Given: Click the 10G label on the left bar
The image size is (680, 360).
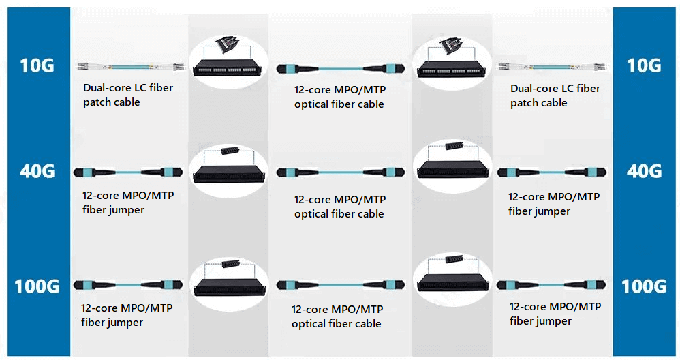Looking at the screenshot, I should [36, 65].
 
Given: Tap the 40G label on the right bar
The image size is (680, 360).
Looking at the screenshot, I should [644, 170].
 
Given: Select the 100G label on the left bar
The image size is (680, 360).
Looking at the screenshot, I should [37, 286].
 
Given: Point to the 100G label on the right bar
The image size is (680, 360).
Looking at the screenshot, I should [644, 286].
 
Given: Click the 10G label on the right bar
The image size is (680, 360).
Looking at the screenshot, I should [644, 65].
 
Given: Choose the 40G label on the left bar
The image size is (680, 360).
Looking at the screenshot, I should [36, 170].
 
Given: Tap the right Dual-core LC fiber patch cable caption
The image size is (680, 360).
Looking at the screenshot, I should [555, 95].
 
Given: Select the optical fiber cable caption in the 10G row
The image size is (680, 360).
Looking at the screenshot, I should [339, 97].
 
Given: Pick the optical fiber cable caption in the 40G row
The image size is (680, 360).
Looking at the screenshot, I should [339, 207].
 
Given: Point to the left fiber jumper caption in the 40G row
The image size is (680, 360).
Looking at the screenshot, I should [127, 202].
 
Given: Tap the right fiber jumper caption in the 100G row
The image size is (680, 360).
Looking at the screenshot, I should [555, 314].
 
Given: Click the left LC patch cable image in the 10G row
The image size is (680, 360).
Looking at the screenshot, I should [132, 67].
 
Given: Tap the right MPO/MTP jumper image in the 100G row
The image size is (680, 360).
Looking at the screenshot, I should [551, 284].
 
